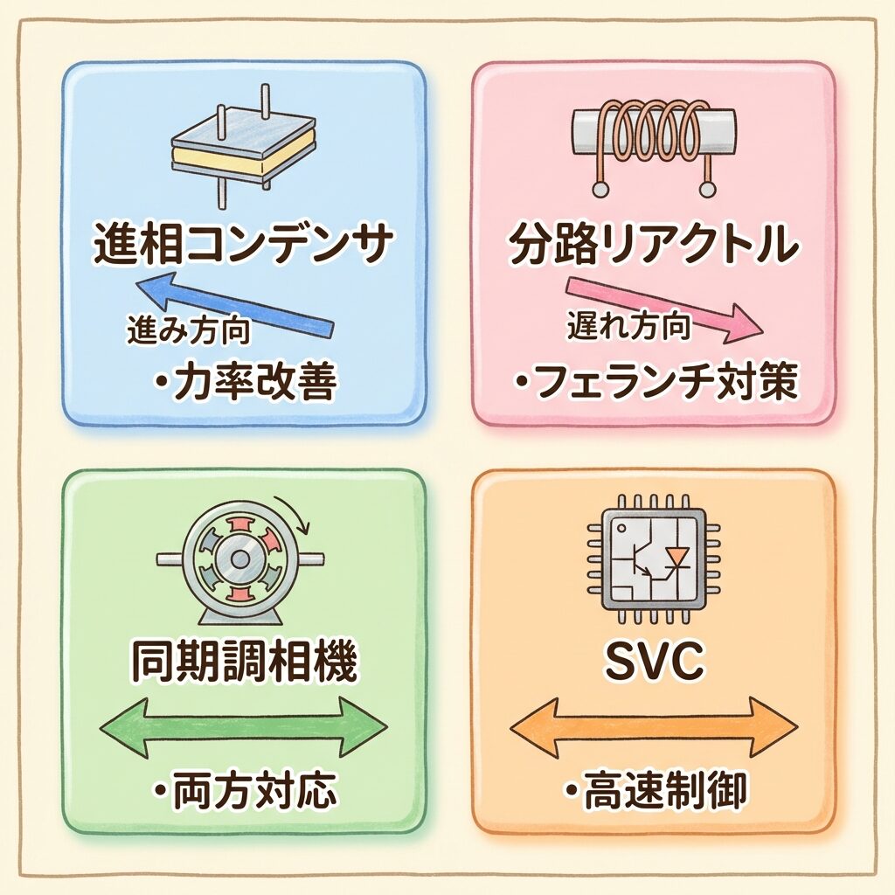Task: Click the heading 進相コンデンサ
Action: coord(239,247)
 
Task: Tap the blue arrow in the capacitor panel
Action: coord(236,305)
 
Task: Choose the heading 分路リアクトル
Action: coord(653,247)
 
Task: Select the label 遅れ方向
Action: coord(628,327)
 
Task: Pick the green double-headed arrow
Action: coord(244,725)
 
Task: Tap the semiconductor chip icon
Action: coord(654,559)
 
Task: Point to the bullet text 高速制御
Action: coord(654,791)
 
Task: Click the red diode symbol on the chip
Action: coord(678,558)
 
